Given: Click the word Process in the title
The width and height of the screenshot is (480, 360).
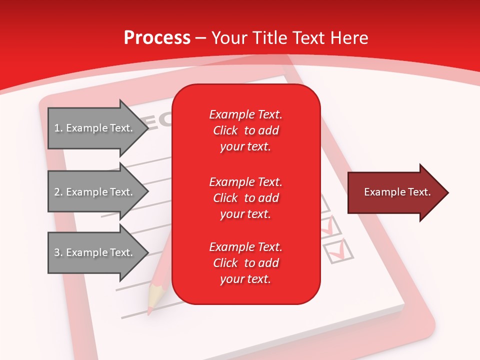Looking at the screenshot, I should click(x=157, y=38).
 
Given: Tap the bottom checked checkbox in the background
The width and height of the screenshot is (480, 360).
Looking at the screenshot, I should click(x=337, y=250).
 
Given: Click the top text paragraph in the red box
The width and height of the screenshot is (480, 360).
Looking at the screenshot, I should click(x=245, y=130).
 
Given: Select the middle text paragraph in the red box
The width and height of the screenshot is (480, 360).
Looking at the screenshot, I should click(x=245, y=198).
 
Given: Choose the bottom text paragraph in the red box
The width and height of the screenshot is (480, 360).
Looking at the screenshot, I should click(x=245, y=263).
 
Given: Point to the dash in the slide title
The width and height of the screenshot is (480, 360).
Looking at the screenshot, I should click(x=201, y=38).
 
